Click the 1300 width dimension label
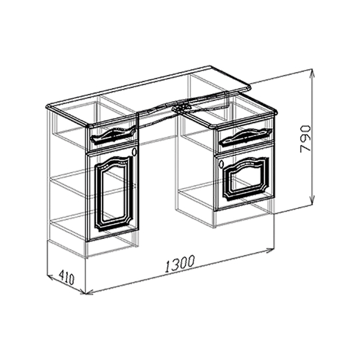click(180, 264)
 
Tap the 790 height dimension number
click(305, 139)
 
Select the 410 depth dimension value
click(67, 277)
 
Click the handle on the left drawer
click(113, 136)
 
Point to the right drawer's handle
click(245, 136)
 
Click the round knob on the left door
click(135, 152)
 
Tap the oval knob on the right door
click(221, 164)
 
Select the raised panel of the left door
click(114, 193)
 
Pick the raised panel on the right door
click(246, 179)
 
